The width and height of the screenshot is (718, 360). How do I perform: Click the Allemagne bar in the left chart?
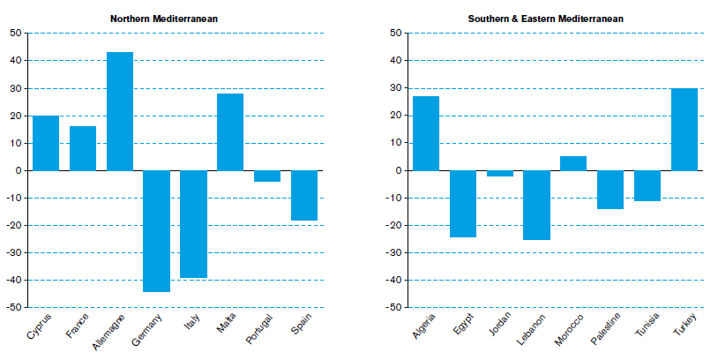coord(120,111)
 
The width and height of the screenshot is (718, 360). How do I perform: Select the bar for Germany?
coord(157,231)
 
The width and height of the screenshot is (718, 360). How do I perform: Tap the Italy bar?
coord(193,224)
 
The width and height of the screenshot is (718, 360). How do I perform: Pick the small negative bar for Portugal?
coord(267,176)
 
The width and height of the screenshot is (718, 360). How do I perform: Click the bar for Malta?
coord(230,132)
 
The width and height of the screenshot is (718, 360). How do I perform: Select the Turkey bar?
coord(684,130)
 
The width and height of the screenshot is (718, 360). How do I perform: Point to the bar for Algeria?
coord(426,133)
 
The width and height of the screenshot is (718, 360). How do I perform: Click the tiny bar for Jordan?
coord(500,174)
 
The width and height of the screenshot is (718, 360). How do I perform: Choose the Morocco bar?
coord(573,163)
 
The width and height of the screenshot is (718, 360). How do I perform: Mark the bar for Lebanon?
coord(536,206)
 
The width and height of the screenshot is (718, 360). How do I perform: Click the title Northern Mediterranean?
coord(164,19)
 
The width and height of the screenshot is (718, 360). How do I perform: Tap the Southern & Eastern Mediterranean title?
coord(545,19)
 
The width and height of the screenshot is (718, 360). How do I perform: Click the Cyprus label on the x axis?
coord(39,326)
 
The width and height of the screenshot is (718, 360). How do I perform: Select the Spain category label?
coord(302,324)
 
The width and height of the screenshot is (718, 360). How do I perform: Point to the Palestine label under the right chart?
coord(605,328)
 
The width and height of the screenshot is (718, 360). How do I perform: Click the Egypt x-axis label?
coord(463,324)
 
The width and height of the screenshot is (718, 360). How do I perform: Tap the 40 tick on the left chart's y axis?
coord(17,61)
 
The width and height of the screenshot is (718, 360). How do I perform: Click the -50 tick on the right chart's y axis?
coord(396,307)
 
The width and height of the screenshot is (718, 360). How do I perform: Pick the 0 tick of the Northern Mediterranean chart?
coord(19,171)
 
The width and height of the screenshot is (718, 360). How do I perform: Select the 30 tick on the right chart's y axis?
coord(396,88)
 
